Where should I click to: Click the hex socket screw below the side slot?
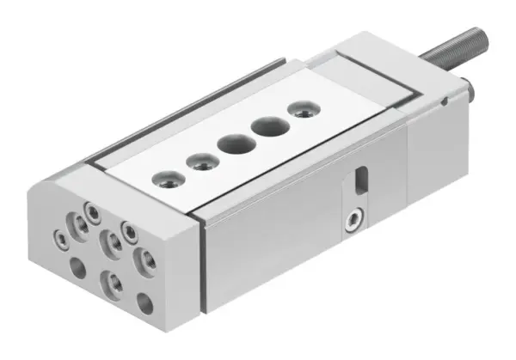pyautogui.click(x=351, y=222)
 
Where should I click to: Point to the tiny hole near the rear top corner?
pyautogui.click(x=443, y=102)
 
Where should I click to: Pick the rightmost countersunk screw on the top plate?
pyautogui.click(x=299, y=110)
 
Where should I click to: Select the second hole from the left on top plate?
pyautogui.click(x=200, y=161)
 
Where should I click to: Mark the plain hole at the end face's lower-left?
pyautogui.click(x=77, y=267)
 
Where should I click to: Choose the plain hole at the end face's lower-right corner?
pyautogui.click(x=145, y=303)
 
